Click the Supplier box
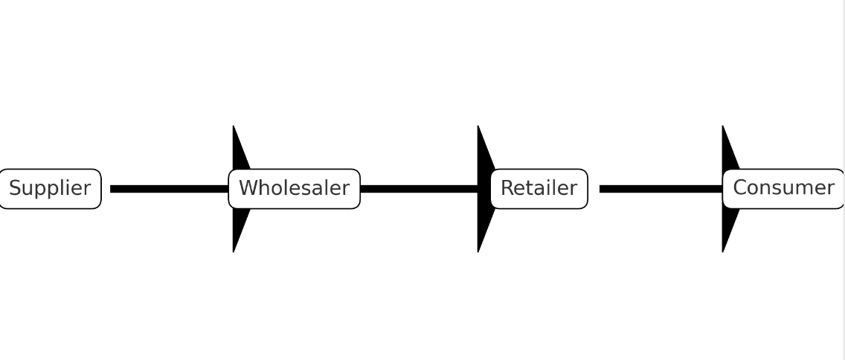point(49,189)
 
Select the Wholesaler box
point(294,189)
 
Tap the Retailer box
point(539,189)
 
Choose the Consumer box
point(783,189)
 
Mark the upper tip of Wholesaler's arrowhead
point(234,127)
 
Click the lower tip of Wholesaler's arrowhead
point(234,251)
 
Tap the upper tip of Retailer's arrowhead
point(478,127)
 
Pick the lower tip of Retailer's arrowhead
point(478,251)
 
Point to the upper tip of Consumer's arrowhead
point(723,127)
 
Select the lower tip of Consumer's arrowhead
point(723,251)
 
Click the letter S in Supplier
point(15,188)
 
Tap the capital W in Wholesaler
point(248,188)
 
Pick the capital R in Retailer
point(507,188)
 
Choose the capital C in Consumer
point(740,188)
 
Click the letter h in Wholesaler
point(263,188)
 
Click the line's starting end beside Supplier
point(112,189)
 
